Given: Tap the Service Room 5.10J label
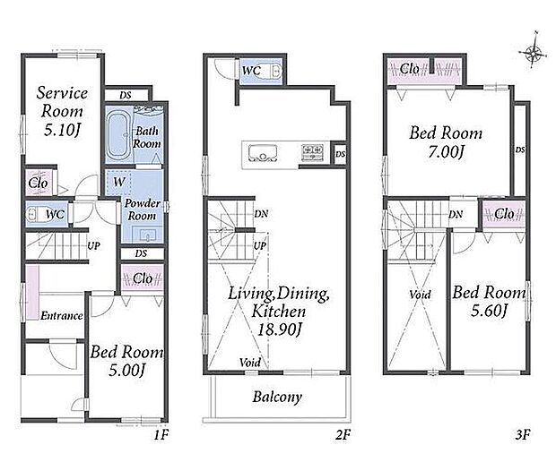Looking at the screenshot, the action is [62, 111].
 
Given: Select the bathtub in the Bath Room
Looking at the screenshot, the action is [118, 134].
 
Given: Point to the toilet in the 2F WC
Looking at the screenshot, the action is [274, 71].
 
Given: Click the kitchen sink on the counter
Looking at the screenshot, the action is [262, 153].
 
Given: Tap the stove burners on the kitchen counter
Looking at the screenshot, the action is [312, 152].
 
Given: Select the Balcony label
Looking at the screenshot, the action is [277, 398].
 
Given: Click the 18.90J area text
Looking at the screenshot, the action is [279, 330].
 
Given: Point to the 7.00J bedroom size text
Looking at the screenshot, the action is [446, 152].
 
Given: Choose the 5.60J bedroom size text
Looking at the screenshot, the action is [490, 311].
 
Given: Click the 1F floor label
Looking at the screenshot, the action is [161, 434].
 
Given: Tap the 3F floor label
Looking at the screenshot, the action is [523, 434].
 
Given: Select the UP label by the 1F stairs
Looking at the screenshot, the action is [93, 245].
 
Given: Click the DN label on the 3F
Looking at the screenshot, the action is [456, 214].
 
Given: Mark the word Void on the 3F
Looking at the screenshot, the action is [420, 295].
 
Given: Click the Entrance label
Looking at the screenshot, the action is [62, 316].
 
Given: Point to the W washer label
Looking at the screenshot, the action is [119, 182].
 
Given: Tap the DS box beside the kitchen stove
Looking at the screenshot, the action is [340, 154].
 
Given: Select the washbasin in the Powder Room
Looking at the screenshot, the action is [144, 235].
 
